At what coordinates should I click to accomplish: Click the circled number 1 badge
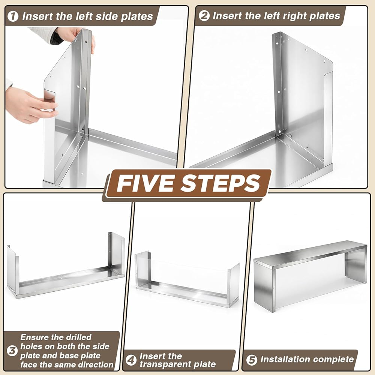point(13,16)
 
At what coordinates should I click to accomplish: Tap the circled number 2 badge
point(204,16)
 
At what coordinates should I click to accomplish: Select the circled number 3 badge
point(12,351)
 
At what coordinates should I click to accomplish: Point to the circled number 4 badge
point(131,360)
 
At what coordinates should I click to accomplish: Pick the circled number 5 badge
point(252,360)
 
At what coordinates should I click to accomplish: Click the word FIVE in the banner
point(147,184)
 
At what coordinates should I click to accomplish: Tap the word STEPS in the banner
point(220,184)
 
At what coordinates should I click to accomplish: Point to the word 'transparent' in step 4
point(167,364)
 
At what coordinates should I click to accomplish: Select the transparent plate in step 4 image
point(189,275)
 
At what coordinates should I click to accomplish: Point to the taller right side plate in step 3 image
point(116,253)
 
